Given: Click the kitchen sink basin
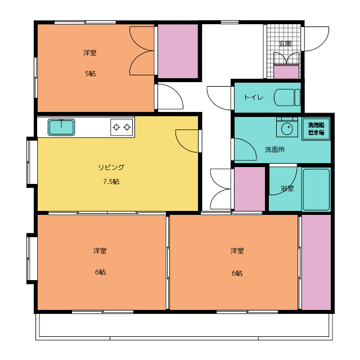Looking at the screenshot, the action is click(x=61, y=127).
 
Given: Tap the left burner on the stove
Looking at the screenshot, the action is click(x=116, y=127).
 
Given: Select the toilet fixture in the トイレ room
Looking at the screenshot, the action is click(x=287, y=97).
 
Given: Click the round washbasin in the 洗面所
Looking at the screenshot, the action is click(x=287, y=129).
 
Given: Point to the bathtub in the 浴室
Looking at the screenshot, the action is click(x=316, y=190).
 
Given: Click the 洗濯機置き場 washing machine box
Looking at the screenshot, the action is click(x=316, y=129).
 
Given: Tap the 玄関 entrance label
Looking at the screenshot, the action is click(x=285, y=44).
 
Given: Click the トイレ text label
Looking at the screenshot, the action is click(x=254, y=97).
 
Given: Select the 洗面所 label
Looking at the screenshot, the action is click(x=275, y=150).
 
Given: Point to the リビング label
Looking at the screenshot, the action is click(x=111, y=167).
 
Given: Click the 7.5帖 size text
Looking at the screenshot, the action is click(x=111, y=182).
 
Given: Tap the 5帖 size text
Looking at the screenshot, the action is click(x=90, y=74).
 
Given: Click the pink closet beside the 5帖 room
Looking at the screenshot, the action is click(x=178, y=51).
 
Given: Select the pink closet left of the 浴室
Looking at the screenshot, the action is click(x=250, y=189).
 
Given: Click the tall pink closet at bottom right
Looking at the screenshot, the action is click(x=316, y=262).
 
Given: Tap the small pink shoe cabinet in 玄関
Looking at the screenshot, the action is click(x=286, y=72).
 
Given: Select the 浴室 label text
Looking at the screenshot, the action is click(x=287, y=188).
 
